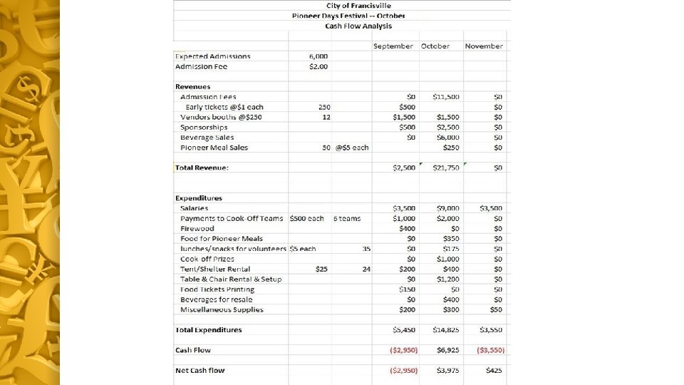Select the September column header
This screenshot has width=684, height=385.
click(393, 46)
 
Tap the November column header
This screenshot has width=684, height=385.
click(484, 46)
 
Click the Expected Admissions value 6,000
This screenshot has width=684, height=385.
click(318, 56)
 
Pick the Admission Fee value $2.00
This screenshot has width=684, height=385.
click(318, 66)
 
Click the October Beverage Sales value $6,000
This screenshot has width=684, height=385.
click(447, 138)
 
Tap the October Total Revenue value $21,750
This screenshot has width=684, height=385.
click(445, 168)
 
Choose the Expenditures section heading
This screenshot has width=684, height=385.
click(199, 198)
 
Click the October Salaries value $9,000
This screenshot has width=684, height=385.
click(447, 208)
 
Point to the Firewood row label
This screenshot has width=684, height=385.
click(197, 229)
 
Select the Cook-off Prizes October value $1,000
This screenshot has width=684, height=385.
click(447, 259)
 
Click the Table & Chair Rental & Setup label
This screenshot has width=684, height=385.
click(231, 279)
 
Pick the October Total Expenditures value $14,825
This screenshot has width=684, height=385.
click(445, 330)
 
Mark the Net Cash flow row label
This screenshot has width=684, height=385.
click(199, 371)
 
